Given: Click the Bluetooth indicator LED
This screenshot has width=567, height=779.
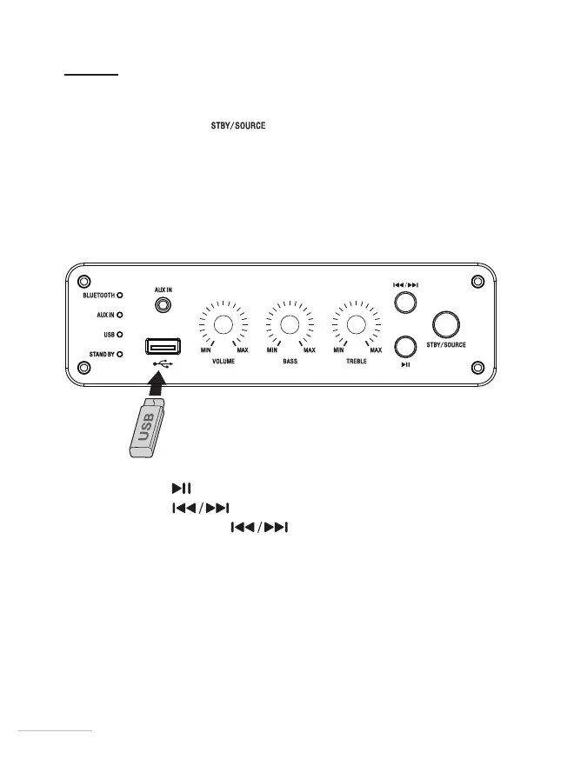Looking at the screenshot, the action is [x=119, y=296].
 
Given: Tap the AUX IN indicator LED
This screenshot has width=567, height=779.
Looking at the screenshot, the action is [x=119, y=315].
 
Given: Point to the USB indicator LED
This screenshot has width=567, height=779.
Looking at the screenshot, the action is [x=119, y=334].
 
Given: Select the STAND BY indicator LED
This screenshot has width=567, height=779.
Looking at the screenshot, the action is [x=119, y=354].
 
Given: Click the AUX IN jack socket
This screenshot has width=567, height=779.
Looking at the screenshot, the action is [x=161, y=305].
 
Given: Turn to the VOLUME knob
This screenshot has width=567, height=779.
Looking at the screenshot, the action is [x=223, y=325].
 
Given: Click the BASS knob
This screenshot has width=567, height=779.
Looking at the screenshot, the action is [x=290, y=325].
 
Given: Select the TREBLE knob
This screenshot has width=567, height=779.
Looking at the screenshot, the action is [x=356, y=325].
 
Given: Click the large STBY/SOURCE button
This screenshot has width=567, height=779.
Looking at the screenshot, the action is [x=447, y=325].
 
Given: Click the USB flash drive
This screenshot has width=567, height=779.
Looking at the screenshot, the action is [x=143, y=428].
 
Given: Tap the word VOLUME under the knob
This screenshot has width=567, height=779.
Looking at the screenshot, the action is [x=224, y=361].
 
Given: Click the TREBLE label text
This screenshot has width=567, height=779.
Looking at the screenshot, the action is [x=356, y=361].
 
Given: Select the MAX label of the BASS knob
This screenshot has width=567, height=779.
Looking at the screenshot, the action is [x=309, y=350].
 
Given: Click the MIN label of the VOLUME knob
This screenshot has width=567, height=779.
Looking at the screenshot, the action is [x=206, y=350].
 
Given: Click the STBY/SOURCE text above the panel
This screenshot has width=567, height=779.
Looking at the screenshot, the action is [x=237, y=127].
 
